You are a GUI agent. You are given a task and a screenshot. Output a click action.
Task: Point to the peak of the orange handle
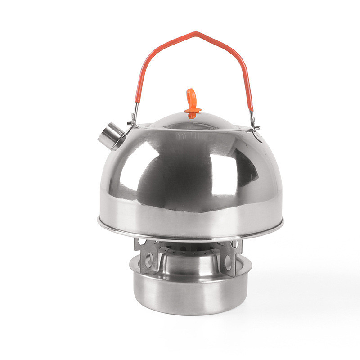(x=195, y=33)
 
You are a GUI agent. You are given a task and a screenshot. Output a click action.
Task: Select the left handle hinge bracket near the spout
(x=134, y=118)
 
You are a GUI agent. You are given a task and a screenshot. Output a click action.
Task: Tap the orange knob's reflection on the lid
(x=192, y=116)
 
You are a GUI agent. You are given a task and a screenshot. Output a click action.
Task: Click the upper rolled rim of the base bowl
(x=189, y=275)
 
